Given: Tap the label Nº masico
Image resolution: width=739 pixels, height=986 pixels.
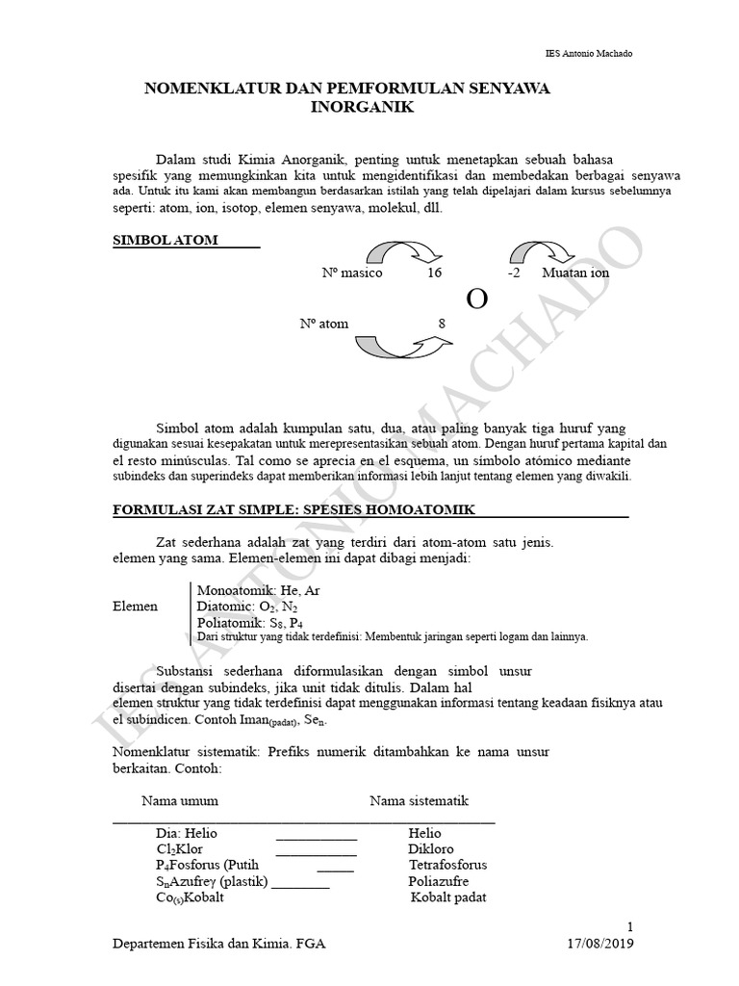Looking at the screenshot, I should [352, 272].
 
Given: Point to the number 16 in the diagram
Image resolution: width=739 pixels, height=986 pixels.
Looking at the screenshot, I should [434, 272].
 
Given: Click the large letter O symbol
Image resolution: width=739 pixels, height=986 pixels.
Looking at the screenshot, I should [476, 299].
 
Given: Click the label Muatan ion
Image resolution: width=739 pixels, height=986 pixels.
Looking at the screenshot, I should [575, 272].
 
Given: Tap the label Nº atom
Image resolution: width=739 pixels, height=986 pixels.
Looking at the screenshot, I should [324, 324].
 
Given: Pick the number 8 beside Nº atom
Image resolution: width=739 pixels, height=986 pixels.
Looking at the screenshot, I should [442, 324].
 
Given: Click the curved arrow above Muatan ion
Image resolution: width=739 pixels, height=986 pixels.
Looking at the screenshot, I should [544, 251].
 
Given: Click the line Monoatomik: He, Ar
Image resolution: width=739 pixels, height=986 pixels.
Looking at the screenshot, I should [258, 590].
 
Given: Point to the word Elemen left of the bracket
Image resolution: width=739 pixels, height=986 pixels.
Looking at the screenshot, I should [136, 608].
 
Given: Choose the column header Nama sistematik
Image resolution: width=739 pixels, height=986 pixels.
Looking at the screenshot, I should [420, 800].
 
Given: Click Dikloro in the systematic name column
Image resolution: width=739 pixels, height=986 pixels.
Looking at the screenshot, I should [429, 849].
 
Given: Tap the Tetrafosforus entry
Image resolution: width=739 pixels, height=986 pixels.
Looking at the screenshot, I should [447, 865].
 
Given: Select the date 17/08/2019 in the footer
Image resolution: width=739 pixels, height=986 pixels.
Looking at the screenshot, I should [600, 944].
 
